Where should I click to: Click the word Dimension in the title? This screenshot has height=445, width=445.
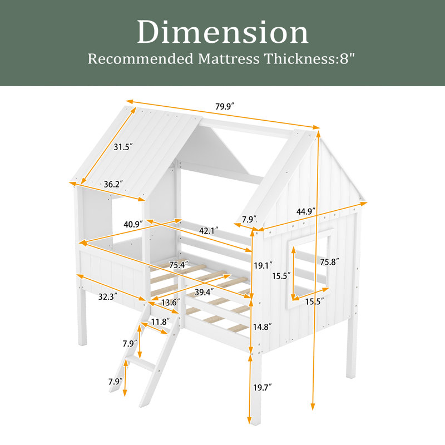tap(223, 32)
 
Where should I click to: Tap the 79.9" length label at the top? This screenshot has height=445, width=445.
tap(225, 106)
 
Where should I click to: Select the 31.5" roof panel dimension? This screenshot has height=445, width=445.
tap(123, 147)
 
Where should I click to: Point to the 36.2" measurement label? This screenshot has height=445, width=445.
tap(113, 185)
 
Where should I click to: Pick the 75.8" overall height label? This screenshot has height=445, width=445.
tap(329, 262)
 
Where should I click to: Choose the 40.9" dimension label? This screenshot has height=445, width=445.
tap(133, 224)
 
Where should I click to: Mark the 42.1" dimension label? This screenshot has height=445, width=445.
tap(209, 231)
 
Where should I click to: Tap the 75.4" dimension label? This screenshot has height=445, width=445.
tap(179, 265)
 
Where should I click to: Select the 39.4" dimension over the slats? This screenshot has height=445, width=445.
tap(204, 291)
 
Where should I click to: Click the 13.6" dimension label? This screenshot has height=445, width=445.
tap(171, 303)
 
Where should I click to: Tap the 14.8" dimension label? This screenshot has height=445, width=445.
tap(263, 327)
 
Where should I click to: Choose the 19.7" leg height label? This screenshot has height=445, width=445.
tap(263, 387)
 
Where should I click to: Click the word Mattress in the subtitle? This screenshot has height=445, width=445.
tap(229, 59)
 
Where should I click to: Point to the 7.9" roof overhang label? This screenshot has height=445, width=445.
tap(249, 219)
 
